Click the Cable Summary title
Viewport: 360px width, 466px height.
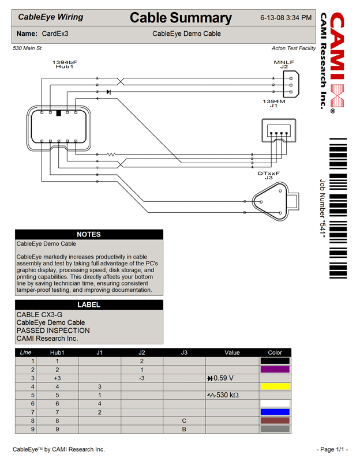tap(181, 18)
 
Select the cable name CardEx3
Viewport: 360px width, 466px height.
tap(55, 34)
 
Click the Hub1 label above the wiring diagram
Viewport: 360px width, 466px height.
tap(65, 67)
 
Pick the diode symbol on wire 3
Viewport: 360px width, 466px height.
tap(108, 92)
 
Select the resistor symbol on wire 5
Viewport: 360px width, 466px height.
tap(111, 154)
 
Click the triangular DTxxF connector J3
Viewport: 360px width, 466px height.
tap(271, 202)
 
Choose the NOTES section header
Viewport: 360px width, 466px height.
tap(89, 235)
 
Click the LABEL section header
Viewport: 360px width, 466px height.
tap(89, 305)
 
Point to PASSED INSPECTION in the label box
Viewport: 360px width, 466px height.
tap(53, 330)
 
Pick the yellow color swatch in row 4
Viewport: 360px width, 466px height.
tap(275, 386)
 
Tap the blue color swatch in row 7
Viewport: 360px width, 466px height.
tap(275, 412)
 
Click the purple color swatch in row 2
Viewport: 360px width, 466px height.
tap(275, 370)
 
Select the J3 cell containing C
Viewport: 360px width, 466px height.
tap(184, 421)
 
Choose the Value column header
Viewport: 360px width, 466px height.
tap(232, 352)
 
